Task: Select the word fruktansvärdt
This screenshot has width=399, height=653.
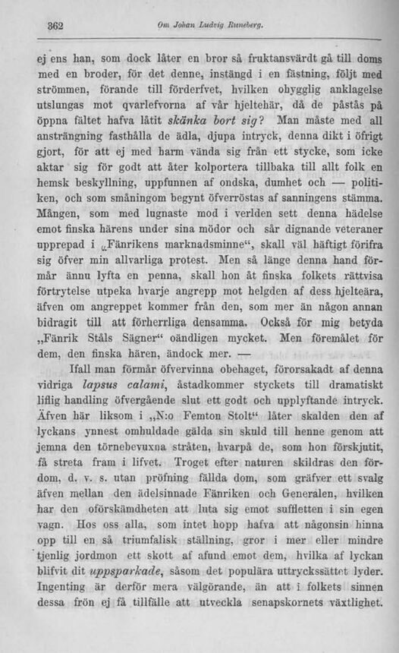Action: point(278,58)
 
